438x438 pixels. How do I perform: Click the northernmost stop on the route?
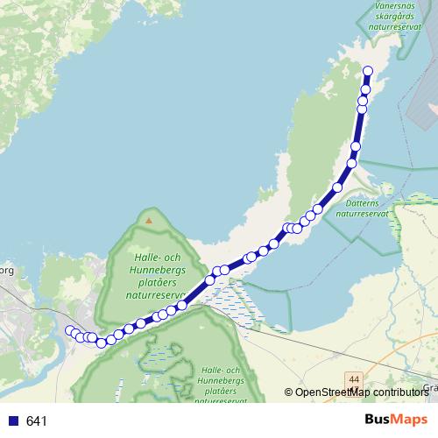(368, 71)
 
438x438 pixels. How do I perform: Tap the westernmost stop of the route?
(70, 330)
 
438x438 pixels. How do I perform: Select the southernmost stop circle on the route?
(102, 343)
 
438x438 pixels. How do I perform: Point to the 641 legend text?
(37, 421)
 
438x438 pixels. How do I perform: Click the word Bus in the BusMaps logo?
(380, 420)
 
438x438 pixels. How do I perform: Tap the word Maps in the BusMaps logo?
(412, 420)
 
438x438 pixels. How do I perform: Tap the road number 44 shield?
(354, 378)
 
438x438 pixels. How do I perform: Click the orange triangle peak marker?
(149, 219)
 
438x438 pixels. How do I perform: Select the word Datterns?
(360, 202)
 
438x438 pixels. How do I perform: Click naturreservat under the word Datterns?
(361, 213)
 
